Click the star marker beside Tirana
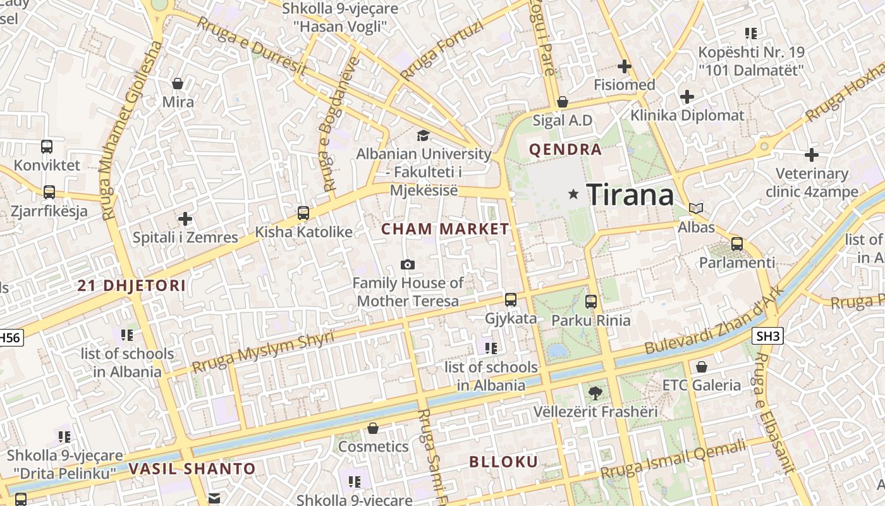574,194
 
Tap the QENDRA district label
565,150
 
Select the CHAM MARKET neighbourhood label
445,229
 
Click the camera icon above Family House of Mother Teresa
408,264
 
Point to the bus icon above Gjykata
511,300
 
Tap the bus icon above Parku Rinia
591,302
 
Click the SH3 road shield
767,336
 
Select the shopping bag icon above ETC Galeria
701,367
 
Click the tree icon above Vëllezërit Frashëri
595,393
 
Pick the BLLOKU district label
503,462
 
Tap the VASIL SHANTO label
192,469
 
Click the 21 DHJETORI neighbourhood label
131,285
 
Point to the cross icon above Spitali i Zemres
185,219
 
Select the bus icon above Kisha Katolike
303,213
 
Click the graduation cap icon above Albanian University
423,135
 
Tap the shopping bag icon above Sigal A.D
563,102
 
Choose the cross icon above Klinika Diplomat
687,97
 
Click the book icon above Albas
696,208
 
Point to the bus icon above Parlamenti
736,244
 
